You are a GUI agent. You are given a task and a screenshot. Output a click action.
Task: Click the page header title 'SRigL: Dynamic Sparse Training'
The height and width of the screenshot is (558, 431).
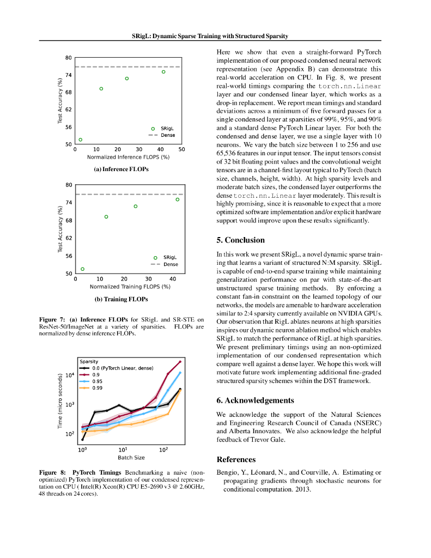click(210, 36)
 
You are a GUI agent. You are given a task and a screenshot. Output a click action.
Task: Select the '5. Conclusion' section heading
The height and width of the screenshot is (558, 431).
click(240, 240)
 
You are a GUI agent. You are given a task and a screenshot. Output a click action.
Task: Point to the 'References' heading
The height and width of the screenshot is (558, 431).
click(236, 459)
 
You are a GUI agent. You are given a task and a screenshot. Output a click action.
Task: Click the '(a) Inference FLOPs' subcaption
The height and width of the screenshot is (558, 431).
click(121, 169)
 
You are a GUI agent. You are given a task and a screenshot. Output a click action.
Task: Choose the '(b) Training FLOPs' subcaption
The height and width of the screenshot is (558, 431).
click(121, 299)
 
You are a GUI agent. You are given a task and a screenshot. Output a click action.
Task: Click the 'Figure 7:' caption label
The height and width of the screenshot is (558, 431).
click(52, 319)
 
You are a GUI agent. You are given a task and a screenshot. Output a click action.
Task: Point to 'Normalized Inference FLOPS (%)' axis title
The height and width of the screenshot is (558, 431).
click(128, 157)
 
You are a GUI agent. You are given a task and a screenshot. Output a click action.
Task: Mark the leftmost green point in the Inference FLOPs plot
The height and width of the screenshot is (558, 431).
click(81, 139)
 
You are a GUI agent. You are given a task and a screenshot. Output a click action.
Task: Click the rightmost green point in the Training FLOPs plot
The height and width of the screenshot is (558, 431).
click(177, 199)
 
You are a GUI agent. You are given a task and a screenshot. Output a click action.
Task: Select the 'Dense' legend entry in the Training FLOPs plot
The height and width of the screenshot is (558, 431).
click(171, 264)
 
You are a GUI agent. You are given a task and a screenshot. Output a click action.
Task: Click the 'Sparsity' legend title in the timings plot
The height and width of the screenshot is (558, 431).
click(89, 362)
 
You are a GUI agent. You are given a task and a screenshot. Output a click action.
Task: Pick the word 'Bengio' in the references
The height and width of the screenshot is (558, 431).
click(228, 472)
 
